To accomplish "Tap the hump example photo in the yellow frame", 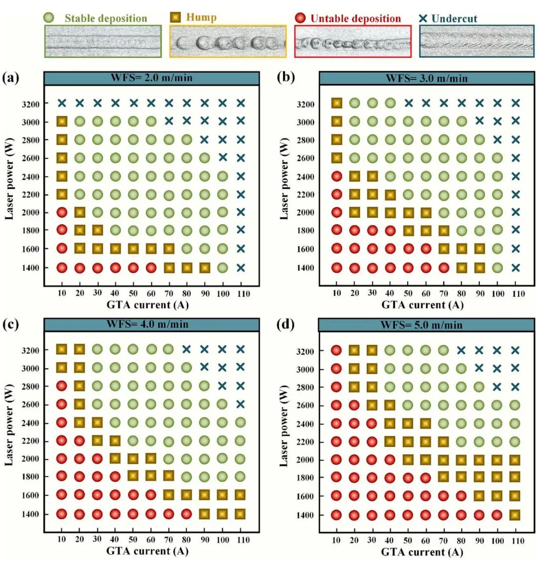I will tap(228, 41).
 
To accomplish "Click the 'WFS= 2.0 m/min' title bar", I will tap(151, 78).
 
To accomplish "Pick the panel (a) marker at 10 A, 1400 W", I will tap(62, 268).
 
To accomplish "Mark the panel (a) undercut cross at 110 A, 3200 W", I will tap(241, 103).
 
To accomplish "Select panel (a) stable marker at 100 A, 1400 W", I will tap(223, 268).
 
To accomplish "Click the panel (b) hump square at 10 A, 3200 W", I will tap(337, 103).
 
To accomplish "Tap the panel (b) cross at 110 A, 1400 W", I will tap(516, 268).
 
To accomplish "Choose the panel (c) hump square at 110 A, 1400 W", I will tap(240, 514).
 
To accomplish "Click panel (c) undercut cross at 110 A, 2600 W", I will tap(240, 404).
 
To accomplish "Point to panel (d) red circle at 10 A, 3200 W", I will tap(336, 351).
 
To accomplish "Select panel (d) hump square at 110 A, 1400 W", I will tap(515, 515).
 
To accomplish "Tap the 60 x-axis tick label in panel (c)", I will tap(151, 540).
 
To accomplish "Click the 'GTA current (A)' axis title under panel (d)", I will tap(422, 552).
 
